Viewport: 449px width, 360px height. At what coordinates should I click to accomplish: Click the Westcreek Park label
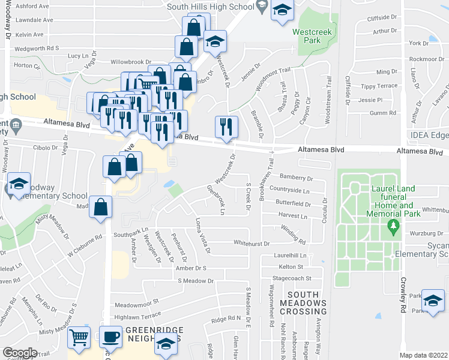pyautogui.click(x=307, y=36)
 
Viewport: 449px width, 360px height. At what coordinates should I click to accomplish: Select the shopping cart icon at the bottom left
pyautogui.click(x=79, y=339)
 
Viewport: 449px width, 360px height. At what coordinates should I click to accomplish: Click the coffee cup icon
pyautogui.click(x=110, y=339)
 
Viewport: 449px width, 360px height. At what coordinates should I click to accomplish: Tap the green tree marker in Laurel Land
pyautogui.click(x=394, y=227)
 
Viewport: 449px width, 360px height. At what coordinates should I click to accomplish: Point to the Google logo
pyautogui.click(x=20, y=352)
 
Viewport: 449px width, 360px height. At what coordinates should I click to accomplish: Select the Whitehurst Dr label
pyautogui.click(x=252, y=244)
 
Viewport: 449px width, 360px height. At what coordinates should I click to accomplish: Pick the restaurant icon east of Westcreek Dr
pyautogui.click(x=226, y=127)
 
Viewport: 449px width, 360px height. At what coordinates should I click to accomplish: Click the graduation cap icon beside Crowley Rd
pyautogui.click(x=433, y=300)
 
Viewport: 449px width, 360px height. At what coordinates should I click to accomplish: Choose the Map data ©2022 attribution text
pyautogui.click(x=423, y=355)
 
